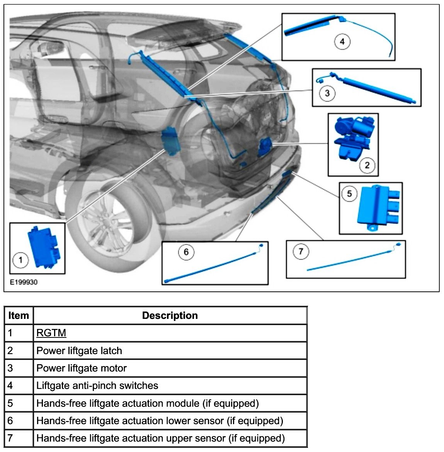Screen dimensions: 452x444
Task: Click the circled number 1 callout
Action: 20,260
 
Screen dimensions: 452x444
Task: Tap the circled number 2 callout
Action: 367,166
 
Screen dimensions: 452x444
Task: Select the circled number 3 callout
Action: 327,93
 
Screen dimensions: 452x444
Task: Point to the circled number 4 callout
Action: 342,41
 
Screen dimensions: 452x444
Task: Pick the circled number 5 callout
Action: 349,193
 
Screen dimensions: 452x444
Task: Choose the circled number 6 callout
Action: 186,252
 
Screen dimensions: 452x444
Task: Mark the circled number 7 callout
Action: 301,252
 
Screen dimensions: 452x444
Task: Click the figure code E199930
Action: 24,282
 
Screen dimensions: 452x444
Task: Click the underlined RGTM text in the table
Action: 51,333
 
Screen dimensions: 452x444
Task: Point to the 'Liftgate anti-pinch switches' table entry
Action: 97,385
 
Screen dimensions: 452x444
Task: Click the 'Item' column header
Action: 19,315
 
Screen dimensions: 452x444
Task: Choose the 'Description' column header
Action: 170,315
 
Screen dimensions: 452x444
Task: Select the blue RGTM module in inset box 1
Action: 44,246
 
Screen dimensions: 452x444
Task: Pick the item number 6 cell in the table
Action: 10,421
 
